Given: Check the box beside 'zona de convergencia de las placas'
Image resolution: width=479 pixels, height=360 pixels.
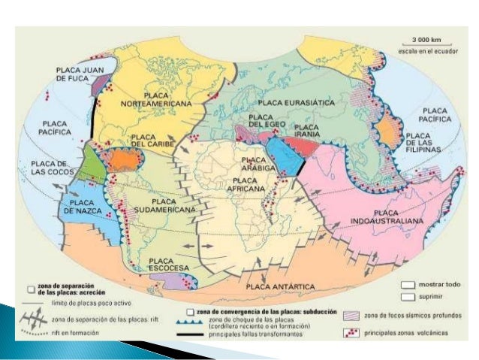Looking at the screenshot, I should (191, 311).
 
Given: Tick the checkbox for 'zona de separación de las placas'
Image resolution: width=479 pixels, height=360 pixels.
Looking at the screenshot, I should (29, 288).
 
